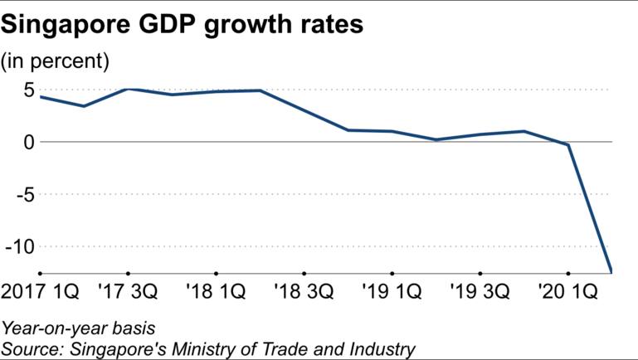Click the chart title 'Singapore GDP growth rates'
[183, 24]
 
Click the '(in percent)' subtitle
[56, 61]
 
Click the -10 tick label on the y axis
[20, 246]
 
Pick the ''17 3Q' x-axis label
[128, 292]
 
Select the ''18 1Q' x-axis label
[216, 292]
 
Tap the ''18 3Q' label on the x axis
[304, 292]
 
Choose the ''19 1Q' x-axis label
[392, 292]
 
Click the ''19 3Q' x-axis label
[480, 292]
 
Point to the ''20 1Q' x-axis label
[567, 292]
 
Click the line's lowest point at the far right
[611, 271]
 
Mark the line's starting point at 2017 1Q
[40, 97]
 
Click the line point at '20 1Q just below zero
[567, 145]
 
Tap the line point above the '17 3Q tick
[128, 89]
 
